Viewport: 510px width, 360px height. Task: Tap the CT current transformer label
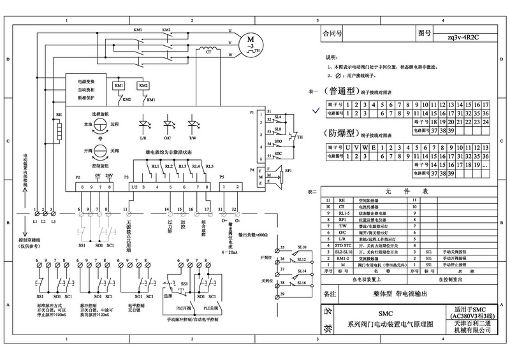click(207, 58)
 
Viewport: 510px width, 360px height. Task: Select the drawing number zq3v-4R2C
click(463, 37)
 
